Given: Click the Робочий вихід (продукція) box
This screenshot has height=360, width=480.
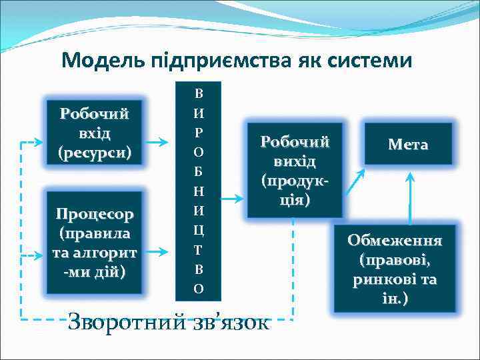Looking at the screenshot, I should (295, 170).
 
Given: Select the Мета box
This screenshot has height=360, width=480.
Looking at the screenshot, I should (407, 145).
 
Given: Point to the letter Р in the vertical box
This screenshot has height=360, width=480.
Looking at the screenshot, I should (199, 133).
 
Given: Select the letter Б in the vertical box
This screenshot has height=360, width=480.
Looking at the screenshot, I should (199, 172).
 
